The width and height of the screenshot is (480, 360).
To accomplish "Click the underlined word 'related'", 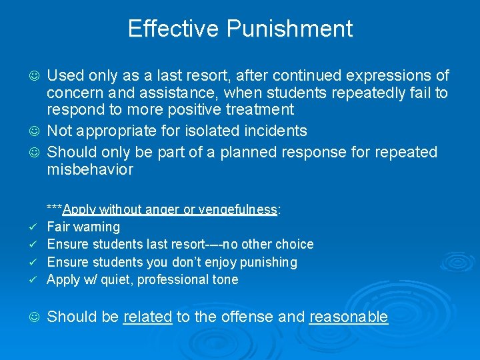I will tap(148, 317).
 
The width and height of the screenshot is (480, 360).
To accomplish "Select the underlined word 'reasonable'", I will tap(349, 317).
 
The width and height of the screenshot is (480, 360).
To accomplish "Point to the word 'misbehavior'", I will tap(90, 170).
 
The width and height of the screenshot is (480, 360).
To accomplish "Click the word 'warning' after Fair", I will tap(97, 227).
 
